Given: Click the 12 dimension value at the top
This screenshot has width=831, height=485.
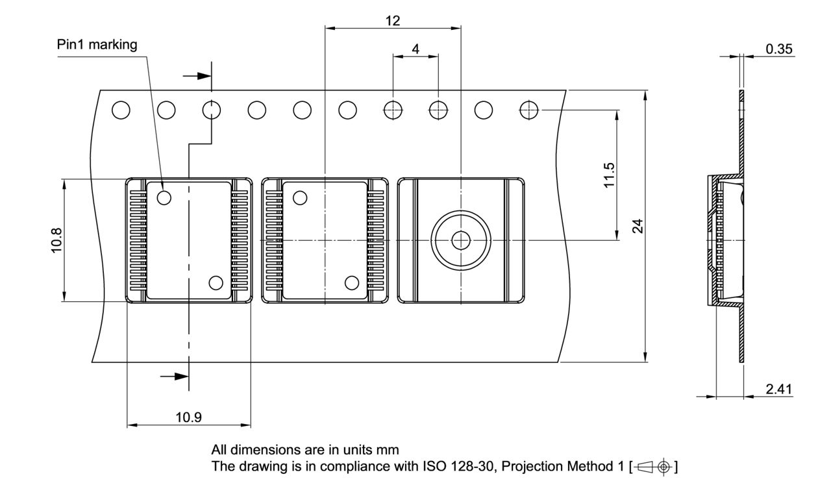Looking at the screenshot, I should click(x=392, y=20).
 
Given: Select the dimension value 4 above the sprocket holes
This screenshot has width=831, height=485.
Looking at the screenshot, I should click(x=415, y=49).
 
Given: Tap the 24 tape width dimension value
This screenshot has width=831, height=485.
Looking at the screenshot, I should click(x=638, y=226).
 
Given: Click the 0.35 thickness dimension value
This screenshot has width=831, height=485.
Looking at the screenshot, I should click(x=779, y=49).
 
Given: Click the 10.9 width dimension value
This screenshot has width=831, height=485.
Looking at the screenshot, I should click(x=188, y=417).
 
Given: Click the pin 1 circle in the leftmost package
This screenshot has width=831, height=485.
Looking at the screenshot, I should click(x=164, y=197).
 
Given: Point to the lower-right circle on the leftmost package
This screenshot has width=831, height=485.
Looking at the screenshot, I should click(x=215, y=282).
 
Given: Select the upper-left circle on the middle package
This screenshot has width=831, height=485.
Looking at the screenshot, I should click(x=300, y=197).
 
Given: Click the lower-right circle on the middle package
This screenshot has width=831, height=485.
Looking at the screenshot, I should click(x=352, y=282).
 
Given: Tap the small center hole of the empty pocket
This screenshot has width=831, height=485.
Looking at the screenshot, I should click(x=461, y=240).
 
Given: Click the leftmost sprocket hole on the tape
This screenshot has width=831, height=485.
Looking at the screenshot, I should click(x=120, y=110).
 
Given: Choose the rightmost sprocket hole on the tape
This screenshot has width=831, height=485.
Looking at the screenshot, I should click(x=528, y=110).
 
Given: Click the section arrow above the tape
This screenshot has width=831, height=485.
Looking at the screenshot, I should click(x=197, y=76).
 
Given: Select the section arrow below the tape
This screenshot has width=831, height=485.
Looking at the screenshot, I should click(x=173, y=376).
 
